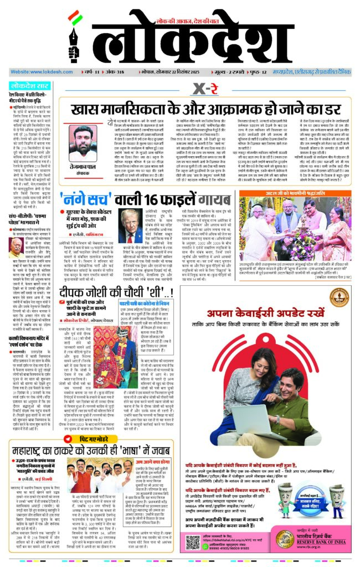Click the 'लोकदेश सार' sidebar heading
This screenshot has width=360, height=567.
pos(29,86)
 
